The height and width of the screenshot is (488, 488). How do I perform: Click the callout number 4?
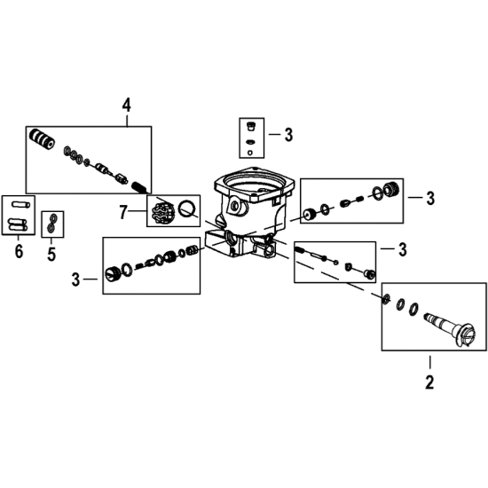click(126, 105)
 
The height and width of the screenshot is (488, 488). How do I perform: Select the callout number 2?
click(429, 382)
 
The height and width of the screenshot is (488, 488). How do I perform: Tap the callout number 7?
click(123, 212)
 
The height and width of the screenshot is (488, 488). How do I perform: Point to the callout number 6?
click(19, 251)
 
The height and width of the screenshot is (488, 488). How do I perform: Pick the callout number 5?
click(51, 254)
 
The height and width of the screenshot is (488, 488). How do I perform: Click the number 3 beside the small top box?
click(289, 135)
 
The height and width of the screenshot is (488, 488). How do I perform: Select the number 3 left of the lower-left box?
click(75, 279)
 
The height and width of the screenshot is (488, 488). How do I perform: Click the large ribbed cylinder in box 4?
click(42, 138)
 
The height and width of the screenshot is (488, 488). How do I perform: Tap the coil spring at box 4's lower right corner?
click(138, 188)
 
